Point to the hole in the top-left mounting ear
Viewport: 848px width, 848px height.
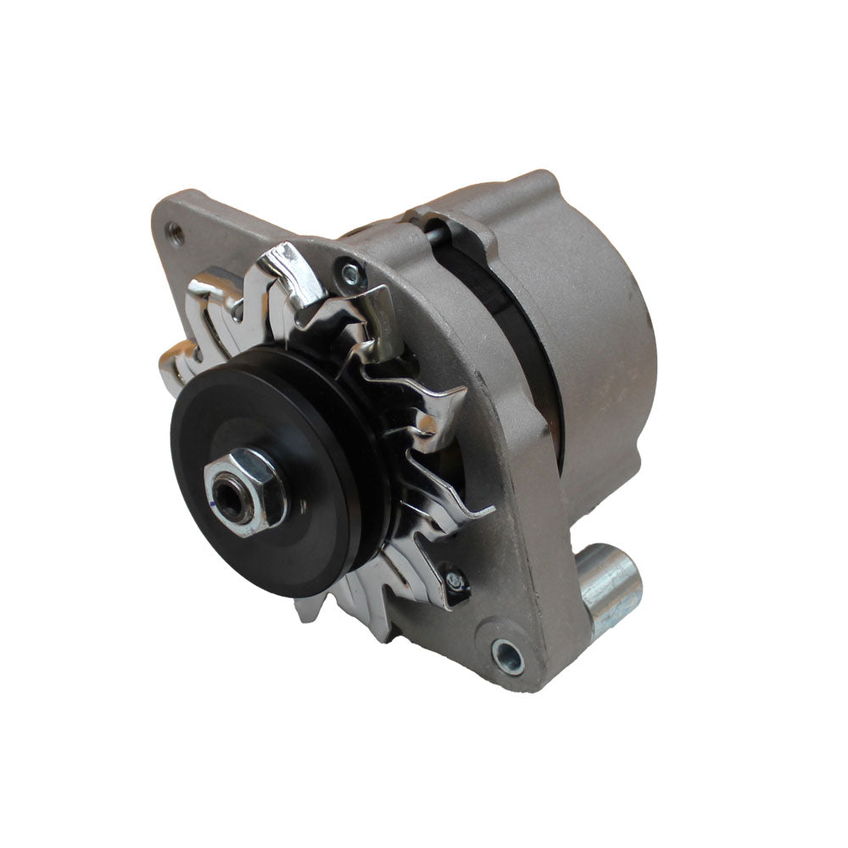(175, 228)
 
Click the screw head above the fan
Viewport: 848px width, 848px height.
(350, 272)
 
